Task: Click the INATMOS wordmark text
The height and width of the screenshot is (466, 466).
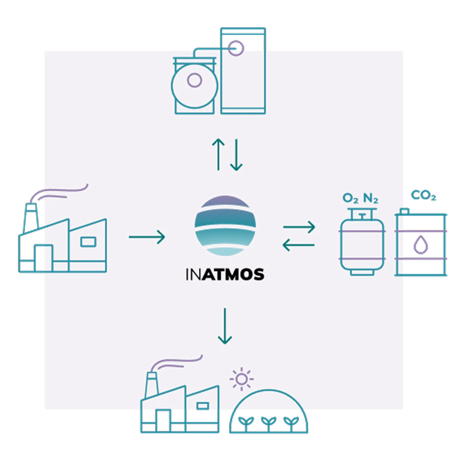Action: tap(225, 275)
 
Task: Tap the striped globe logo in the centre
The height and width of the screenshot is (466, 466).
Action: tap(225, 226)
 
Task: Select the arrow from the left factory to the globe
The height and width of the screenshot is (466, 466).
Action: tap(147, 237)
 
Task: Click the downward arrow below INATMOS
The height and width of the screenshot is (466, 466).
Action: tap(225, 326)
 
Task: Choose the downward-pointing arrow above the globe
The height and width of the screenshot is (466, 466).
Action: tap(236, 155)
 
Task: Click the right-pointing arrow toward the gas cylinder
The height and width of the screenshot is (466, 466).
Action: tap(299, 227)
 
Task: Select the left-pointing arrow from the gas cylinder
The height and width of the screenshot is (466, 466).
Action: tap(298, 245)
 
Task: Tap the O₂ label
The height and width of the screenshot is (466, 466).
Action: tap(350, 199)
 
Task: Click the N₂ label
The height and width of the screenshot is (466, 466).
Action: tap(371, 199)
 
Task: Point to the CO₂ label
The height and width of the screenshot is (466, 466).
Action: tap(424, 196)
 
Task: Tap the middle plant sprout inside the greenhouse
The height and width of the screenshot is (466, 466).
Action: tap(268, 421)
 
